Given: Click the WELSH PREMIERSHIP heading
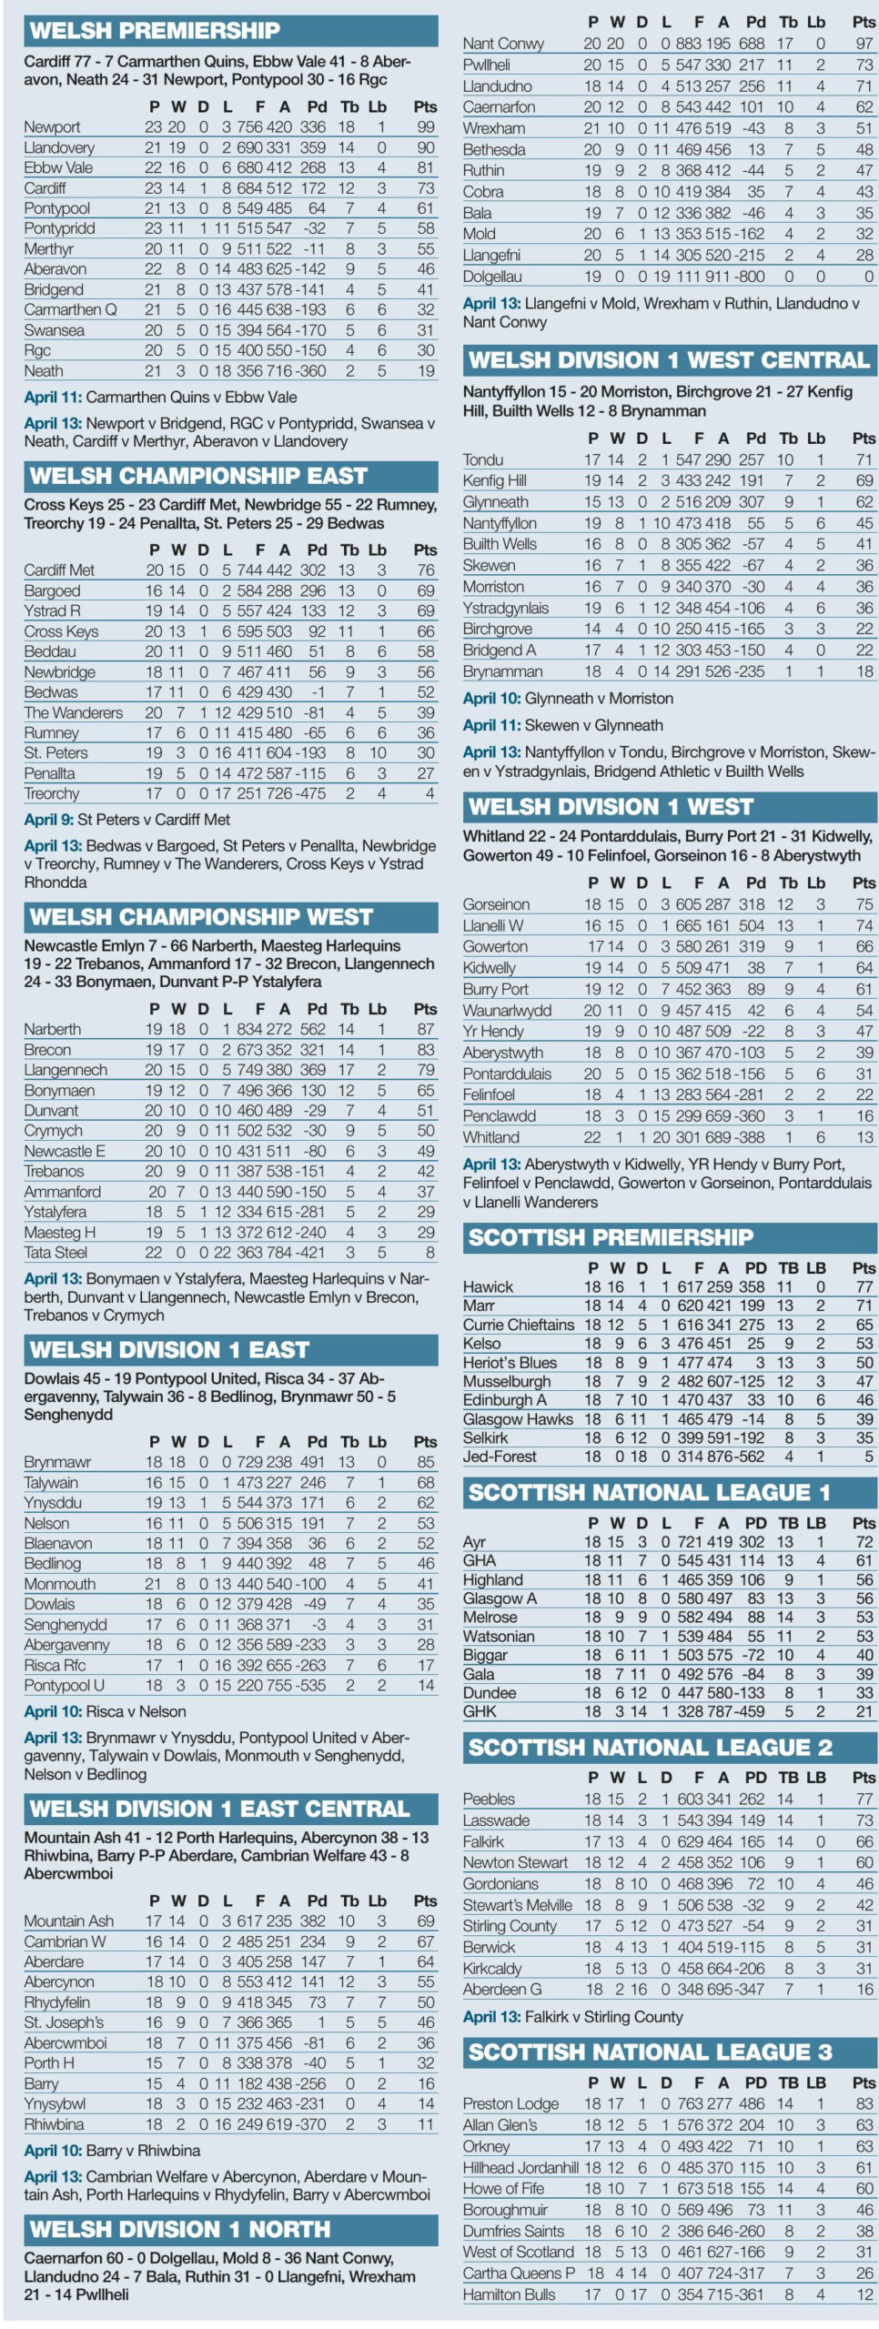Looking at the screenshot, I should (x=155, y=31).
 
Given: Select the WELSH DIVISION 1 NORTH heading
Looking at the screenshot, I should (x=179, y=2229).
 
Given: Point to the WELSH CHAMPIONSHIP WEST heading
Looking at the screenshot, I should (x=201, y=916).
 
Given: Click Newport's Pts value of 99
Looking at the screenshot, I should (x=426, y=127).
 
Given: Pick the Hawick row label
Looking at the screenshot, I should (x=488, y=1286).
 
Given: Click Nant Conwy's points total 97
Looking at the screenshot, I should (x=864, y=44).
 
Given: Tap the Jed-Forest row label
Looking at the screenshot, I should (x=500, y=1456).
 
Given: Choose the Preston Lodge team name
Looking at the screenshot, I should (x=510, y=2103).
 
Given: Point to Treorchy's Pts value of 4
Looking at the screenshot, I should (x=429, y=793).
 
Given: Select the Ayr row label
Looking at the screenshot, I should (x=474, y=1541).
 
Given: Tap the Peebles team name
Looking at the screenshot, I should (x=489, y=1799).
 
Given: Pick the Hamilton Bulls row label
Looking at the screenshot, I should (x=509, y=2294).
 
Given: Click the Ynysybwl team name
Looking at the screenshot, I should (x=55, y=2103).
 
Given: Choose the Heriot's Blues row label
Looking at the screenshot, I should (x=510, y=1362).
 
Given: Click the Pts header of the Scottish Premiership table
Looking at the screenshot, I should (x=864, y=1267).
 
